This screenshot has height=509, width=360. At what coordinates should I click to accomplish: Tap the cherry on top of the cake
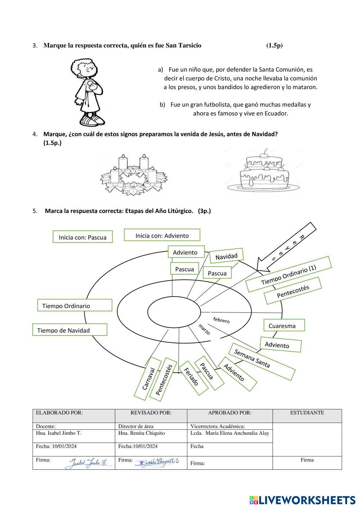click(x=266, y=151)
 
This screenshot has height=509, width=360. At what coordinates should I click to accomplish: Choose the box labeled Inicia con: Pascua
click(x=82, y=237)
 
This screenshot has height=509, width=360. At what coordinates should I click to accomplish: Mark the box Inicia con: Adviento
click(x=162, y=235)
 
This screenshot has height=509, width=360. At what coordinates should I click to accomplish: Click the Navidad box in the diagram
click(x=226, y=256)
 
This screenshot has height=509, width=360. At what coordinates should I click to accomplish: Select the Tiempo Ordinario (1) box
click(x=288, y=274)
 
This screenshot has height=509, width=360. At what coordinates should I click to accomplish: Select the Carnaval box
click(x=147, y=378)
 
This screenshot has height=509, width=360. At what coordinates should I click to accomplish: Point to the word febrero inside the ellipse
click(x=221, y=320)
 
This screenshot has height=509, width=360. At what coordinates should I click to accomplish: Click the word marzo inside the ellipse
click(x=204, y=329)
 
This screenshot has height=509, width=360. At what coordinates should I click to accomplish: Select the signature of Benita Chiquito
click(x=158, y=462)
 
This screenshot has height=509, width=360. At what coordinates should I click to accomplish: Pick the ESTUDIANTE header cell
click(x=307, y=413)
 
